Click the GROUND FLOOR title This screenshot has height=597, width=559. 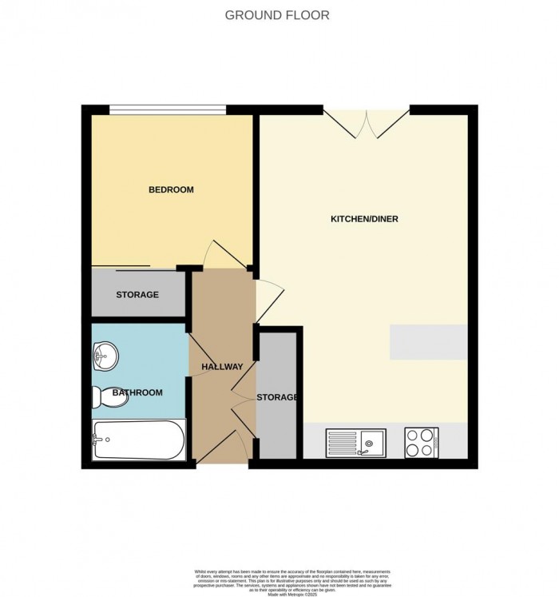(276, 15)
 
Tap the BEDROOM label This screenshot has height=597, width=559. (171, 190)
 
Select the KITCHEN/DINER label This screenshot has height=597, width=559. (364, 219)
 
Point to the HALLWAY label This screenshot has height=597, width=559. (221, 367)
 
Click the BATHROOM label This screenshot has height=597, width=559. (137, 392)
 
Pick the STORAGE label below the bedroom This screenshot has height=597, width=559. (137, 295)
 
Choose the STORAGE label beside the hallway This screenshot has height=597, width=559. (277, 397)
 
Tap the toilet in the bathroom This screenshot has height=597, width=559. (110, 396)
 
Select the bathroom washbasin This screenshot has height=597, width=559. (105, 356)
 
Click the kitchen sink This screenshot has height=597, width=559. (355, 442)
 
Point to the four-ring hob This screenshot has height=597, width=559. (421, 442)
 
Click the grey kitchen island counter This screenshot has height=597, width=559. (427, 342)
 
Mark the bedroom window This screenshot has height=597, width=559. (167, 110)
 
